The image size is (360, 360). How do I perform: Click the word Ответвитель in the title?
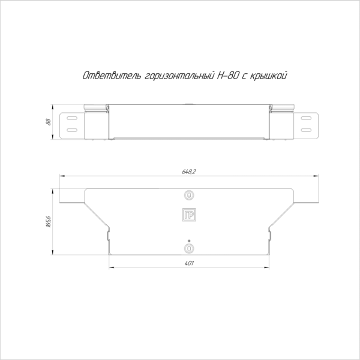(x=112, y=76)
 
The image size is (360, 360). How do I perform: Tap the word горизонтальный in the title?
(x=179, y=76)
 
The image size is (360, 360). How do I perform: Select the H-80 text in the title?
(x=227, y=76)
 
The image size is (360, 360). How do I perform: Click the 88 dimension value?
(x=48, y=122)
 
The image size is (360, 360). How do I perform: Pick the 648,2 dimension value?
(x=189, y=172)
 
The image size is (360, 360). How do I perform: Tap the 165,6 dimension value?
(x=49, y=221)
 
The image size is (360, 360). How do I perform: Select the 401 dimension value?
(x=189, y=263)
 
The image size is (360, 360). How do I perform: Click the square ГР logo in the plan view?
(x=189, y=215)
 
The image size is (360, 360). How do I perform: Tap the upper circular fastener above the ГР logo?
(x=189, y=195)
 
